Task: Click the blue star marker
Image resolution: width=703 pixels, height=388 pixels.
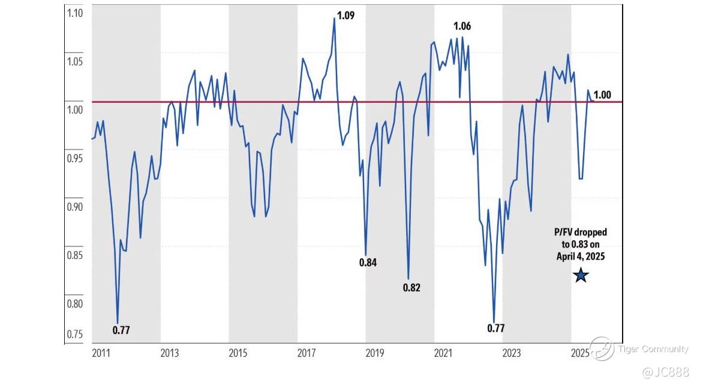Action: (x=581, y=275)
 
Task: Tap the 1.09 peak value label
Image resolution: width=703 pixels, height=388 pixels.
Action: (x=346, y=16)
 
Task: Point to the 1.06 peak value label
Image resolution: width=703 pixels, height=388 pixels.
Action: (x=462, y=26)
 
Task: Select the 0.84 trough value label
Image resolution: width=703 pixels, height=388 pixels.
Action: (x=368, y=262)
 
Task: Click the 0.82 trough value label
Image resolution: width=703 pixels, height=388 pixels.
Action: (x=411, y=288)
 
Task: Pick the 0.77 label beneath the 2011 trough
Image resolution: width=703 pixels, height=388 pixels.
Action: (x=121, y=330)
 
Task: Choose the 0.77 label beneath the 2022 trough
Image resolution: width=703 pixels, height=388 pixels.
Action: (x=495, y=328)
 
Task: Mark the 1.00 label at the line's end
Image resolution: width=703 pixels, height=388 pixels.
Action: (x=602, y=94)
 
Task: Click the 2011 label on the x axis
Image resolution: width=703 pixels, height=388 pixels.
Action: (x=101, y=353)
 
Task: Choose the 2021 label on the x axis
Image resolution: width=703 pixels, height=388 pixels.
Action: (x=443, y=353)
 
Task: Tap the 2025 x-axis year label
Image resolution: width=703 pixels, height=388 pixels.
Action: (x=579, y=353)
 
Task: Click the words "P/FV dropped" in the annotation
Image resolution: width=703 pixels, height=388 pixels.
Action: (x=580, y=232)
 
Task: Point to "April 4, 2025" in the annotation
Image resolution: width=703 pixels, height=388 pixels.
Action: (x=580, y=256)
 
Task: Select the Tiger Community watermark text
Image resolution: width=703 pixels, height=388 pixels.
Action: (x=653, y=349)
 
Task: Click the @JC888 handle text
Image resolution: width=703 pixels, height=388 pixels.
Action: (x=666, y=373)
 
